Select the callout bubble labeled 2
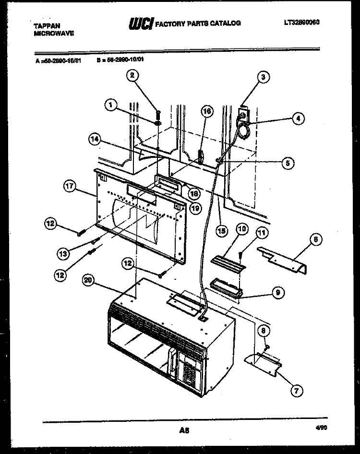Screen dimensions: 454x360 coord(132,75)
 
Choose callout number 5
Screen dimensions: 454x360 coord(288,163)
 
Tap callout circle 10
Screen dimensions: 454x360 coord(241,230)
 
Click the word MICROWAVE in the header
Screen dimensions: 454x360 coord(54,34)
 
